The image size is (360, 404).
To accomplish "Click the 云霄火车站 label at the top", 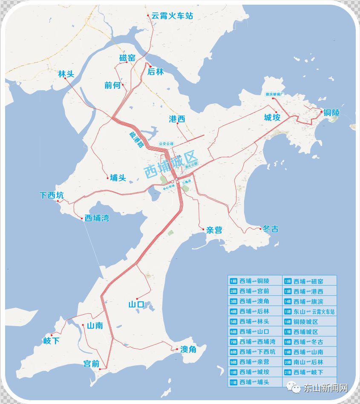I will pos(172,16).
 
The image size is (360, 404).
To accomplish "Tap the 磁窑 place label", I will pos(127,58).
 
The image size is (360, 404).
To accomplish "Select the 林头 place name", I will pos(66,74).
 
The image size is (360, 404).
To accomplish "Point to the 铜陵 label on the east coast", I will pos(331,113).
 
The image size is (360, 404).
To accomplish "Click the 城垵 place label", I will pos(272,118).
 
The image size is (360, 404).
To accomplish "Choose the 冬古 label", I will pos(271,229).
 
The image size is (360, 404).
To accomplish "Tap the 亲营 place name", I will pos(214,230).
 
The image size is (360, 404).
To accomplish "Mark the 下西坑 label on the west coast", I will pos(52,195).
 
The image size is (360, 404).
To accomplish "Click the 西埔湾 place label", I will pos(97,218).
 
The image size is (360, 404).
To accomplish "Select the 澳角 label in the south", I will pos(188,350).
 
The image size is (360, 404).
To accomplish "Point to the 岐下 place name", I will pos(52,341).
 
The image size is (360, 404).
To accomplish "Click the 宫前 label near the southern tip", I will pos(92,364).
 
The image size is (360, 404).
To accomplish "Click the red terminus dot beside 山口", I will pos(136,298).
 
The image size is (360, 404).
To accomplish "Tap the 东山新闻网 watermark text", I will pos(325,388).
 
